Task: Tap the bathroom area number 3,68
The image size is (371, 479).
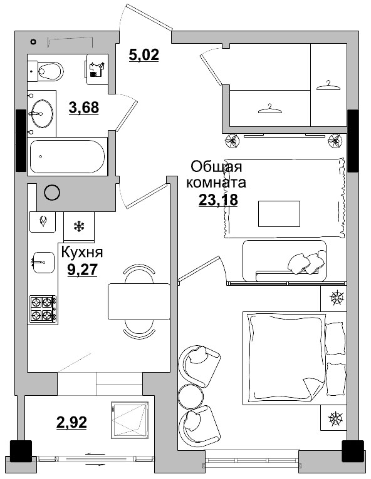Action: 83,108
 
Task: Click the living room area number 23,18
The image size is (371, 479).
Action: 217,201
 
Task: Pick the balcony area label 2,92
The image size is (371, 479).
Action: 71,421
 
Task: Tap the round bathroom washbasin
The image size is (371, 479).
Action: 42,114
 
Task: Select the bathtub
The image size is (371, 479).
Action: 68,156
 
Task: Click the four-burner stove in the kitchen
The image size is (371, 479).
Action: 43,309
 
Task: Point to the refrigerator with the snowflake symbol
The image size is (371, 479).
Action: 79,226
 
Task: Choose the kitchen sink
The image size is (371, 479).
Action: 43,261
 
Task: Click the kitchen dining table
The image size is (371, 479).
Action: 139,301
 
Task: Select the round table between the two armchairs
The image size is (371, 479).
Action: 191,395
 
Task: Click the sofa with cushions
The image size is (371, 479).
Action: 285,259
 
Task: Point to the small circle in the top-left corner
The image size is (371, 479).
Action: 33,42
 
